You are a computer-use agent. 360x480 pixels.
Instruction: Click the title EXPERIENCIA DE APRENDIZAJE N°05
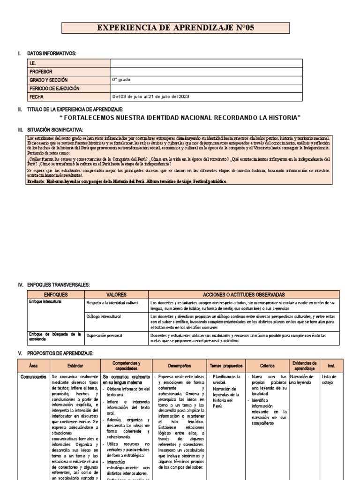[x=175, y=28]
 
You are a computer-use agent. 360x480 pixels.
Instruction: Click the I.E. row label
[x=32, y=63]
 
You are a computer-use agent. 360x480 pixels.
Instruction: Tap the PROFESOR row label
[x=41, y=72]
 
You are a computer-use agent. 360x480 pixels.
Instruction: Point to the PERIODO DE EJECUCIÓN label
[x=54, y=88]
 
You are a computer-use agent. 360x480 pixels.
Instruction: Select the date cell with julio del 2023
[x=150, y=97]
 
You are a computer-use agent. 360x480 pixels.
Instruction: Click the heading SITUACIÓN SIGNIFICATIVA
[x=55, y=129]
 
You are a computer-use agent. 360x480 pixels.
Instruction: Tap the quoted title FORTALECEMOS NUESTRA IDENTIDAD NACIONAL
[x=180, y=117]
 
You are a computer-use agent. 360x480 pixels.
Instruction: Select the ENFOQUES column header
[x=55, y=294]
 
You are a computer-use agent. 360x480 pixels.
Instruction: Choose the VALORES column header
[x=116, y=294]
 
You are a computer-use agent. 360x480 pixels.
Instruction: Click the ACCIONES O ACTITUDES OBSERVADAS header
[x=243, y=294]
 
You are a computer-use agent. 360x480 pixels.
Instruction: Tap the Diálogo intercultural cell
[x=104, y=317]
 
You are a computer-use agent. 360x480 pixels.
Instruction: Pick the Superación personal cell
[x=104, y=336]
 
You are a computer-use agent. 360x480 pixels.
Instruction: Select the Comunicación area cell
[x=33, y=376]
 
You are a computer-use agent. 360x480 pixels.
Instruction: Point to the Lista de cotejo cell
[x=329, y=379]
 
